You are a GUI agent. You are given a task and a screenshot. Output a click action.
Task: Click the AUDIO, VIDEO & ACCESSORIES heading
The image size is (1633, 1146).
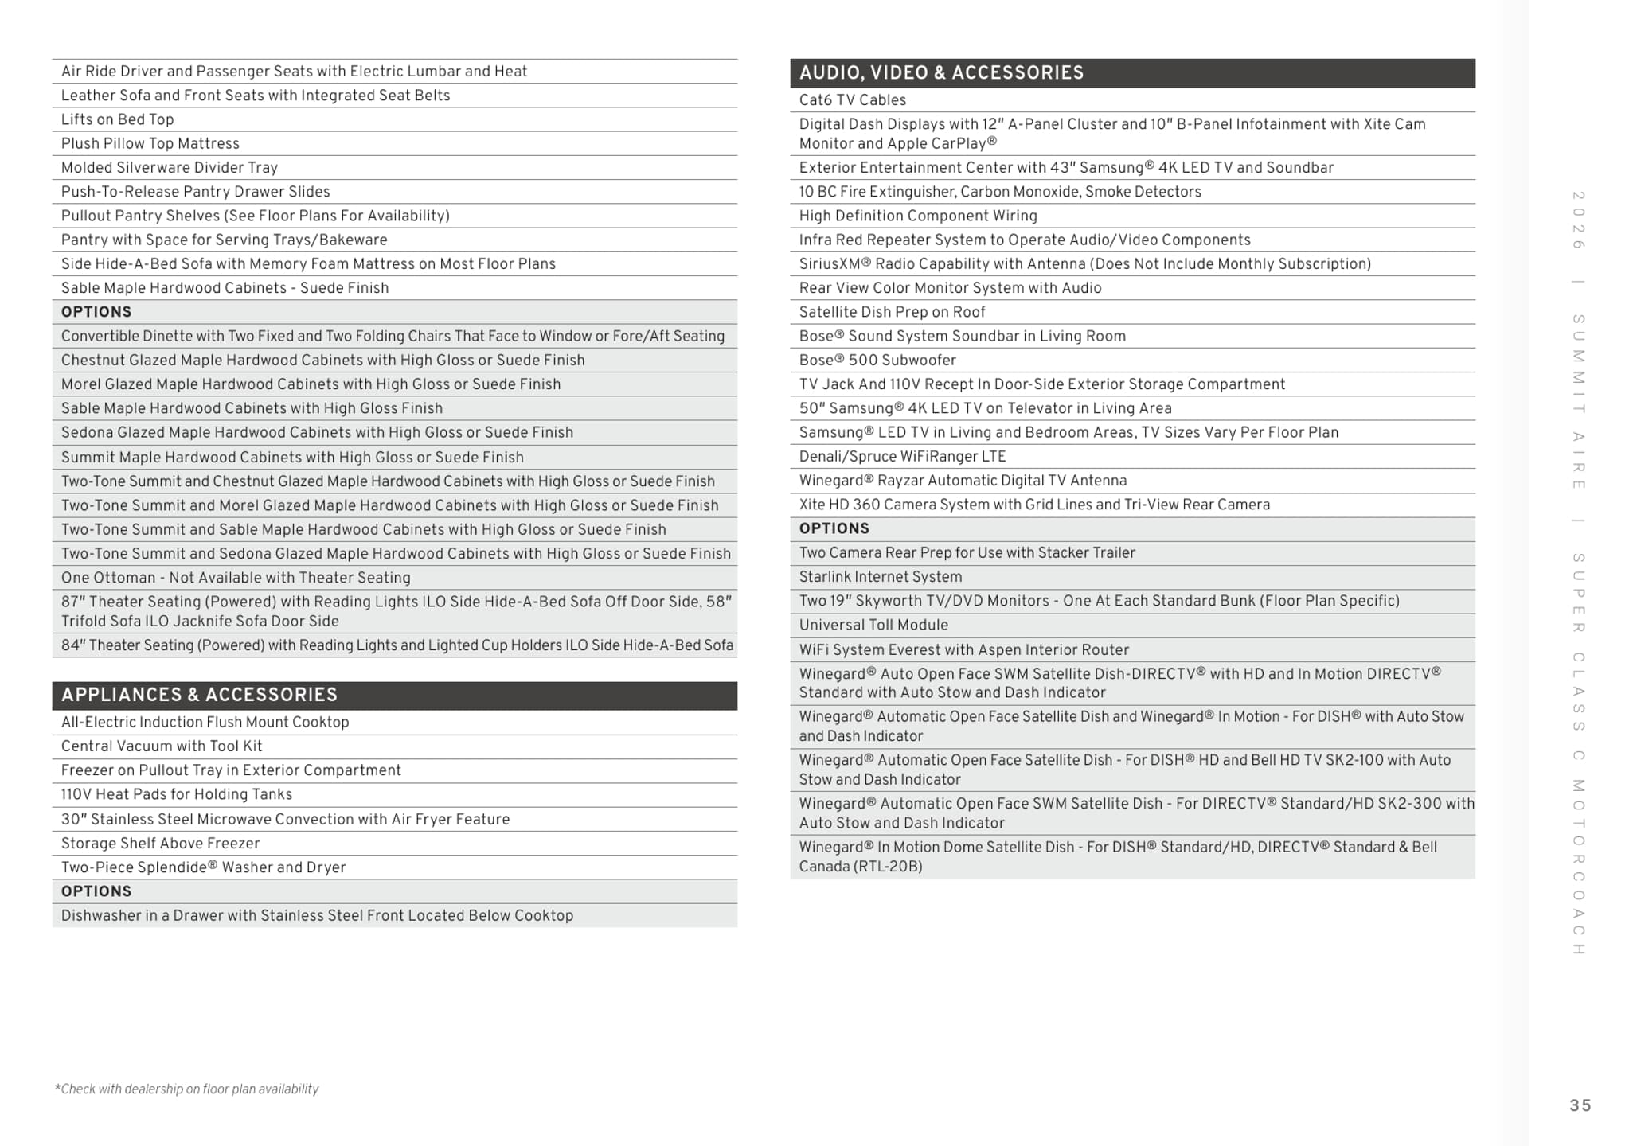tap(941, 73)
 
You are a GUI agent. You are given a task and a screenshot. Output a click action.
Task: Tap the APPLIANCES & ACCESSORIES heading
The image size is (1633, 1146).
tap(199, 695)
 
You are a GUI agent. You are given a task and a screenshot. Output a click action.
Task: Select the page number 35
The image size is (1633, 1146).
tap(1580, 1105)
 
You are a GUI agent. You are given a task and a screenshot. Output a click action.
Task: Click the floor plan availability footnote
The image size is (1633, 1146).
tap(186, 1089)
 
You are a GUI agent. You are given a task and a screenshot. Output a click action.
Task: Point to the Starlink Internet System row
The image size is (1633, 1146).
tap(880, 577)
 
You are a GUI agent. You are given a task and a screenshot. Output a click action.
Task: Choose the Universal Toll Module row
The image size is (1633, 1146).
tap(873, 625)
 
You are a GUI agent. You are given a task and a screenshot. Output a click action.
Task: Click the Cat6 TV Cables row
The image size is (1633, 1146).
tap(852, 100)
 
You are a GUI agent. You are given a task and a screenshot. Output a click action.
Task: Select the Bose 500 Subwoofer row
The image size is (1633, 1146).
tap(877, 360)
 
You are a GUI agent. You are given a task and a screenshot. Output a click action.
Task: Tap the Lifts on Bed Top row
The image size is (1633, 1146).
tap(117, 119)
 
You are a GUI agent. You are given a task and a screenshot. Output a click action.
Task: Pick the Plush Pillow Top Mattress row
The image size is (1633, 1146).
tap(150, 143)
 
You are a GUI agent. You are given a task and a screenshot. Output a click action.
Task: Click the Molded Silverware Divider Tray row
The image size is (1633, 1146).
tap(169, 168)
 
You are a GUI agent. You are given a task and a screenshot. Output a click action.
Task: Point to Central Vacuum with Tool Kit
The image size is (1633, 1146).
tap(161, 746)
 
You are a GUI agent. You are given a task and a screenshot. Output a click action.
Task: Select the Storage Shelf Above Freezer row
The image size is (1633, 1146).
tap(160, 843)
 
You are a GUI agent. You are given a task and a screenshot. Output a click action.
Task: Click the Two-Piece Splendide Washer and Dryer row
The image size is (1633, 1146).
tap(203, 867)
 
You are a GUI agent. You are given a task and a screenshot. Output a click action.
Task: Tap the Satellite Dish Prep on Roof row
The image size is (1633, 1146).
tap(892, 312)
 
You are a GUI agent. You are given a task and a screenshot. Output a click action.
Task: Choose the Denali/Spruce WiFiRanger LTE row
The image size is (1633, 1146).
tap(902, 456)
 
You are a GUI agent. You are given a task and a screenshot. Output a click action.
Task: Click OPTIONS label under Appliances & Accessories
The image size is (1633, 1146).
tap(96, 891)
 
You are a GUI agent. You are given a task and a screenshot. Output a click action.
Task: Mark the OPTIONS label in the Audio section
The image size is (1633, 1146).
tap(834, 528)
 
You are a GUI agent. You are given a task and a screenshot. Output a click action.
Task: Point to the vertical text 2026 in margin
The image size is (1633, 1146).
tap(1578, 220)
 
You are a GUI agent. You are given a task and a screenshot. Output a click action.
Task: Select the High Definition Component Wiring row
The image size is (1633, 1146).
tap(917, 216)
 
